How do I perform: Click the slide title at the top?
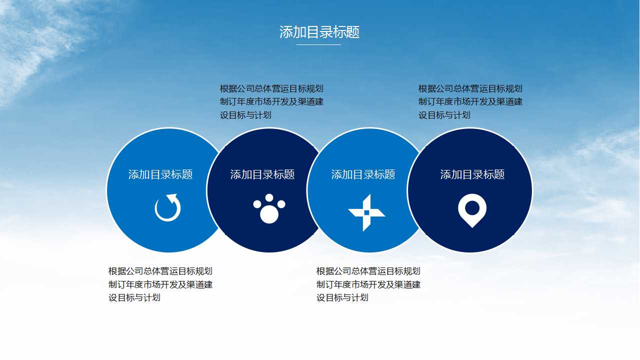point(319,32)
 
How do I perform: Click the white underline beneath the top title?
point(318,44)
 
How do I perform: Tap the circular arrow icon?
point(167,208)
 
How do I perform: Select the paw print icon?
point(269,208)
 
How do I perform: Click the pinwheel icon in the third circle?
point(366,212)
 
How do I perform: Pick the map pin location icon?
point(472,211)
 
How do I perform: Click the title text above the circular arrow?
point(160,174)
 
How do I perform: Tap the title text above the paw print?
point(262,174)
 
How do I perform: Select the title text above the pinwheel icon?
point(363,174)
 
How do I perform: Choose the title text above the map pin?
point(472,174)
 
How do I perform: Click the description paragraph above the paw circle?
point(271,102)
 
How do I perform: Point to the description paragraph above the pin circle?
point(470,102)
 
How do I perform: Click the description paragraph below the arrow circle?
point(160,284)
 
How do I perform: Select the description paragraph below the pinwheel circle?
point(368,284)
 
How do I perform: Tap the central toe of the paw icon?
point(269,198)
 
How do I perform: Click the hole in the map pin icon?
point(472,207)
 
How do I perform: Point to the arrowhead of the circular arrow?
point(172,198)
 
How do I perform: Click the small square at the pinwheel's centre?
point(366,212)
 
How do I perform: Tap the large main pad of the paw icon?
point(269,214)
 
